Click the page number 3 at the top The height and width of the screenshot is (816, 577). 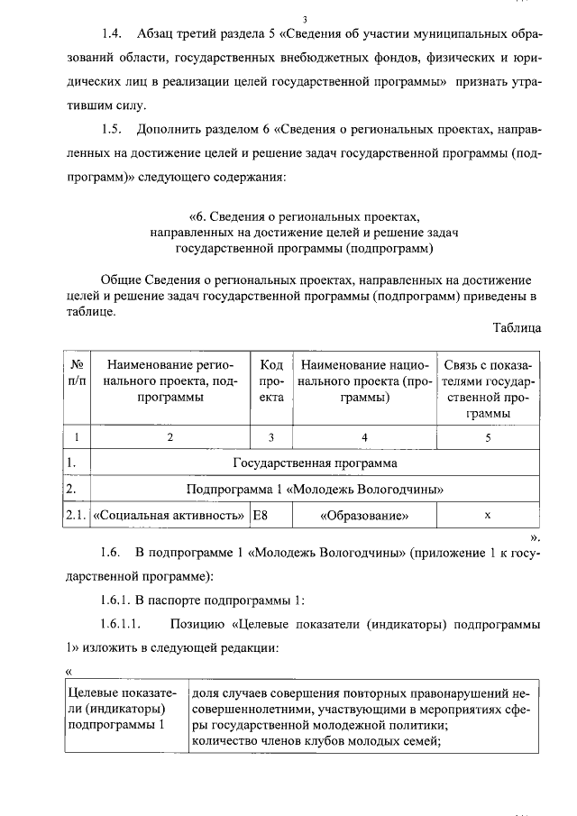(x=305, y=19)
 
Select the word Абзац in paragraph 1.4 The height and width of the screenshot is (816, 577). (x=157, y=34)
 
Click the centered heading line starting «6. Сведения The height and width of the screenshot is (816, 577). (x=305, y=217)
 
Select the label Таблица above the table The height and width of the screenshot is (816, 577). (x=517, y=327)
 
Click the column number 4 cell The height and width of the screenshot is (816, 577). (x=364, y=438)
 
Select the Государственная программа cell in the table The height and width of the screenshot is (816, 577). (x=315, y=464)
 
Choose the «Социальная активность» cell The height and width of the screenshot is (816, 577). (x=169, y=517)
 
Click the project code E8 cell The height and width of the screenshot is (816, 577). (x=261, y=517)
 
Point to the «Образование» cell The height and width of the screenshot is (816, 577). (x=364, y=517)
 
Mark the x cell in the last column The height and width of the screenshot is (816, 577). (x=487, y=517)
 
